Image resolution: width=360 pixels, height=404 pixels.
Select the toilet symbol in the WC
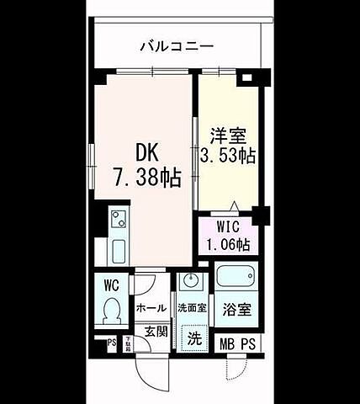pos(110,311)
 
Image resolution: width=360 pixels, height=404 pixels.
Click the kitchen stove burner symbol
pos(118,221)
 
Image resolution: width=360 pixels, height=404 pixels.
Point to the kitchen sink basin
pos(118,251)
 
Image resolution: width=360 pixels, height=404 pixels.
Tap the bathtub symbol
pos(235,278)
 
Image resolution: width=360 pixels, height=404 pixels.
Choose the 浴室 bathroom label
pos(235,309)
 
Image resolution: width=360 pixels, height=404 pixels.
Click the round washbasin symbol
pos(190,282)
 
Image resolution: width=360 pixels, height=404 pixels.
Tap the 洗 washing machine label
pos(194,340)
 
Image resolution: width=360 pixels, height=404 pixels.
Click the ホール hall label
pos(151,308)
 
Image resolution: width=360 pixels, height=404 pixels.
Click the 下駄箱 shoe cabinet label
pos(129,342)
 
